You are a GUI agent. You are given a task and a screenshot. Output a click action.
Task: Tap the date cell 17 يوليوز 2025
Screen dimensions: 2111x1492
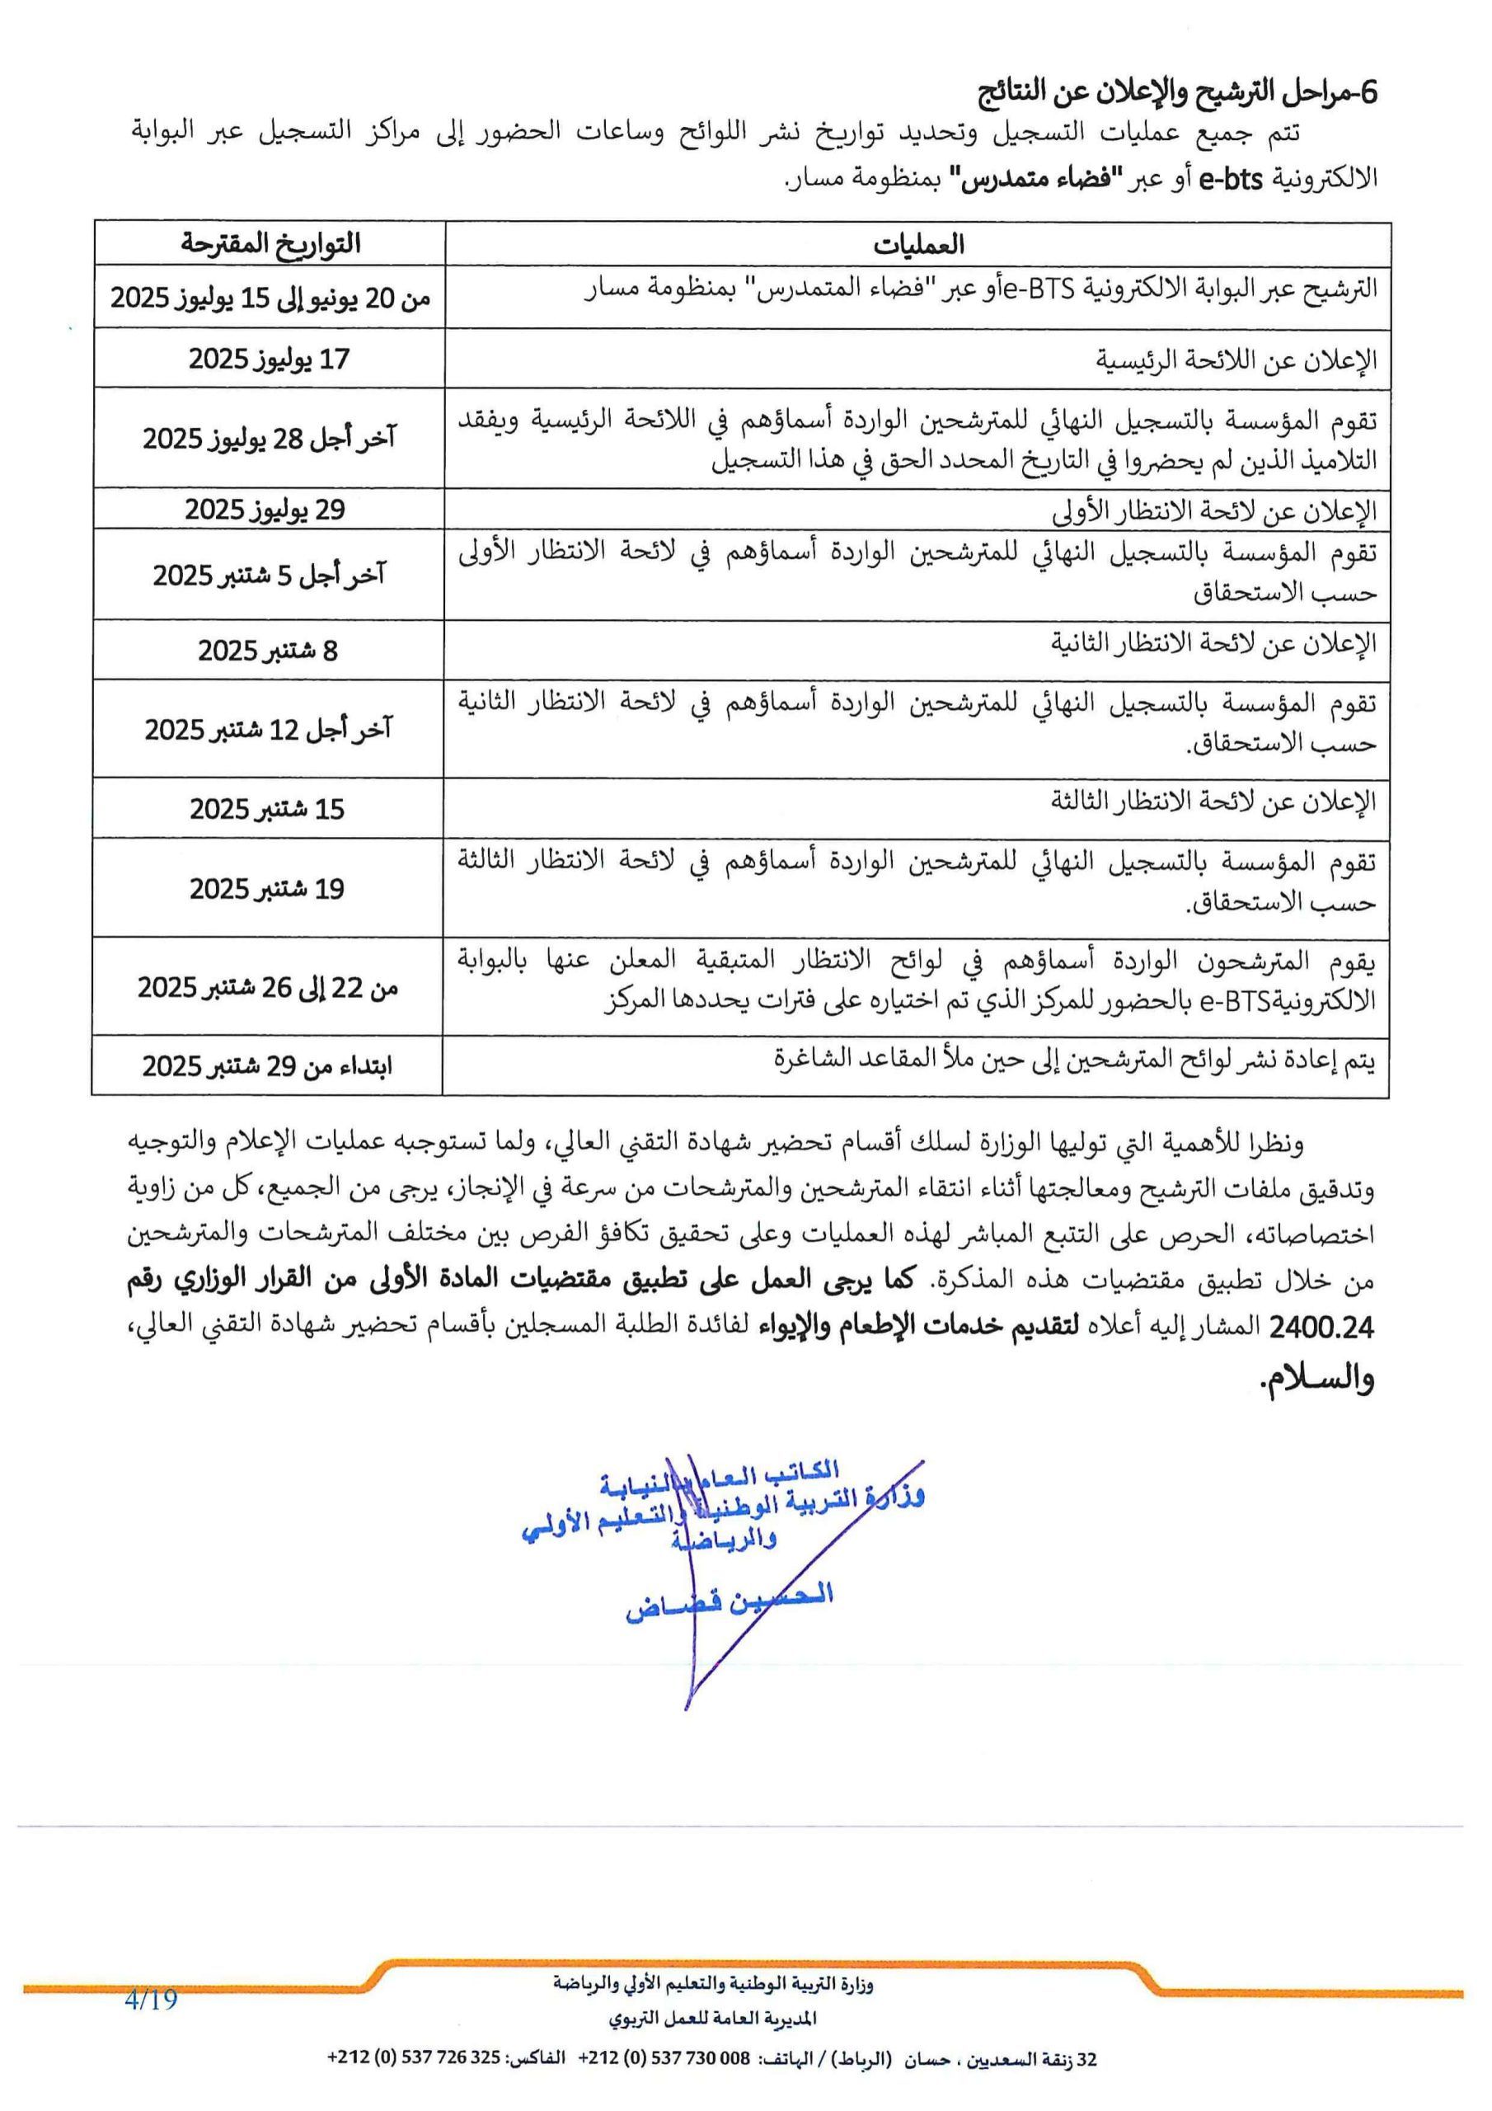tap(270, 359)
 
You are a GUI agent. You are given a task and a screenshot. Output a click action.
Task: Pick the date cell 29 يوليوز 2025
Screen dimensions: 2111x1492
tap(265, 509)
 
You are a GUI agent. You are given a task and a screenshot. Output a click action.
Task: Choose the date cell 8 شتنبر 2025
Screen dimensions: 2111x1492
tap(269, 650)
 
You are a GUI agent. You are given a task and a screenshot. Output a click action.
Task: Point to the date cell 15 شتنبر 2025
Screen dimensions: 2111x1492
tap(268, 809)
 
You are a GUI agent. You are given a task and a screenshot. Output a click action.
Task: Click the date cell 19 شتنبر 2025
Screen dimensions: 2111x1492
tap(268, 888)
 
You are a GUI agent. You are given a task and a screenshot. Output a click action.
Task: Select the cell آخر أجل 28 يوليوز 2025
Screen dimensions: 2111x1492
tap(269, 438)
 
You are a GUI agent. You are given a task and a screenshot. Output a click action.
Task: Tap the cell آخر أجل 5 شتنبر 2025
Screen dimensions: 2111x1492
tap(269, 576)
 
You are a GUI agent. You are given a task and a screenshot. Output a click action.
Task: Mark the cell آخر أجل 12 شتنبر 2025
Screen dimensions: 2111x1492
tap(269, 729)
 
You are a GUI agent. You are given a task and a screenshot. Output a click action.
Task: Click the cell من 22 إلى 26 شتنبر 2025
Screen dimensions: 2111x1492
tap(269, 987)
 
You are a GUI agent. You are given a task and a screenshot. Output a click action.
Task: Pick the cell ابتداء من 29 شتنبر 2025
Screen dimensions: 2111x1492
tap(268, 1066)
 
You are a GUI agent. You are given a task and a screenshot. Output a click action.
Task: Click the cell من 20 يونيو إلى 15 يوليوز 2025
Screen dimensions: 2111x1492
tap(270, 299)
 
